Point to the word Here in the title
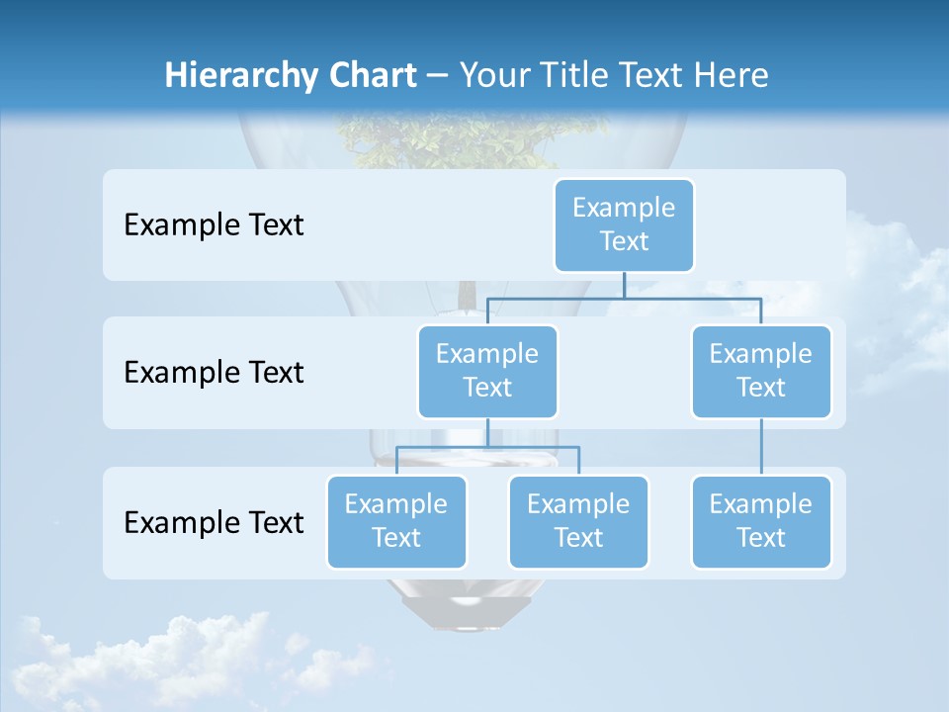pyautogui.click(x=731, y=76)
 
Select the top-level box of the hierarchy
pyautogui.click(x=624, y=224)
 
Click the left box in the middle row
pyautogui.click(x=487, y=371)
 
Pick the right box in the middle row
pyautogui.click(x=761, y=371)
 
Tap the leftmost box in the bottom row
pyautogui.click(x=396, y=521)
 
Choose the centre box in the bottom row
pyautogui.click(x=578, y=521)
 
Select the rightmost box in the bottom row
pyautogui.click(x=761, y=521)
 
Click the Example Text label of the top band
pyautogui.click(x=214, y=225)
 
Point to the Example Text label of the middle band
pyautogui.click(x=214, y=373)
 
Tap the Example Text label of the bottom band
pyautogui.click(x=214, y=522)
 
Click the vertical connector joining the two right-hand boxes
pyautogui.click(x=761, y=447)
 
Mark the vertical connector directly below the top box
pyautogui.click(x=624, y=285)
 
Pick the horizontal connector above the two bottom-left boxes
pyautogui.click(x=487, y=447)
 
